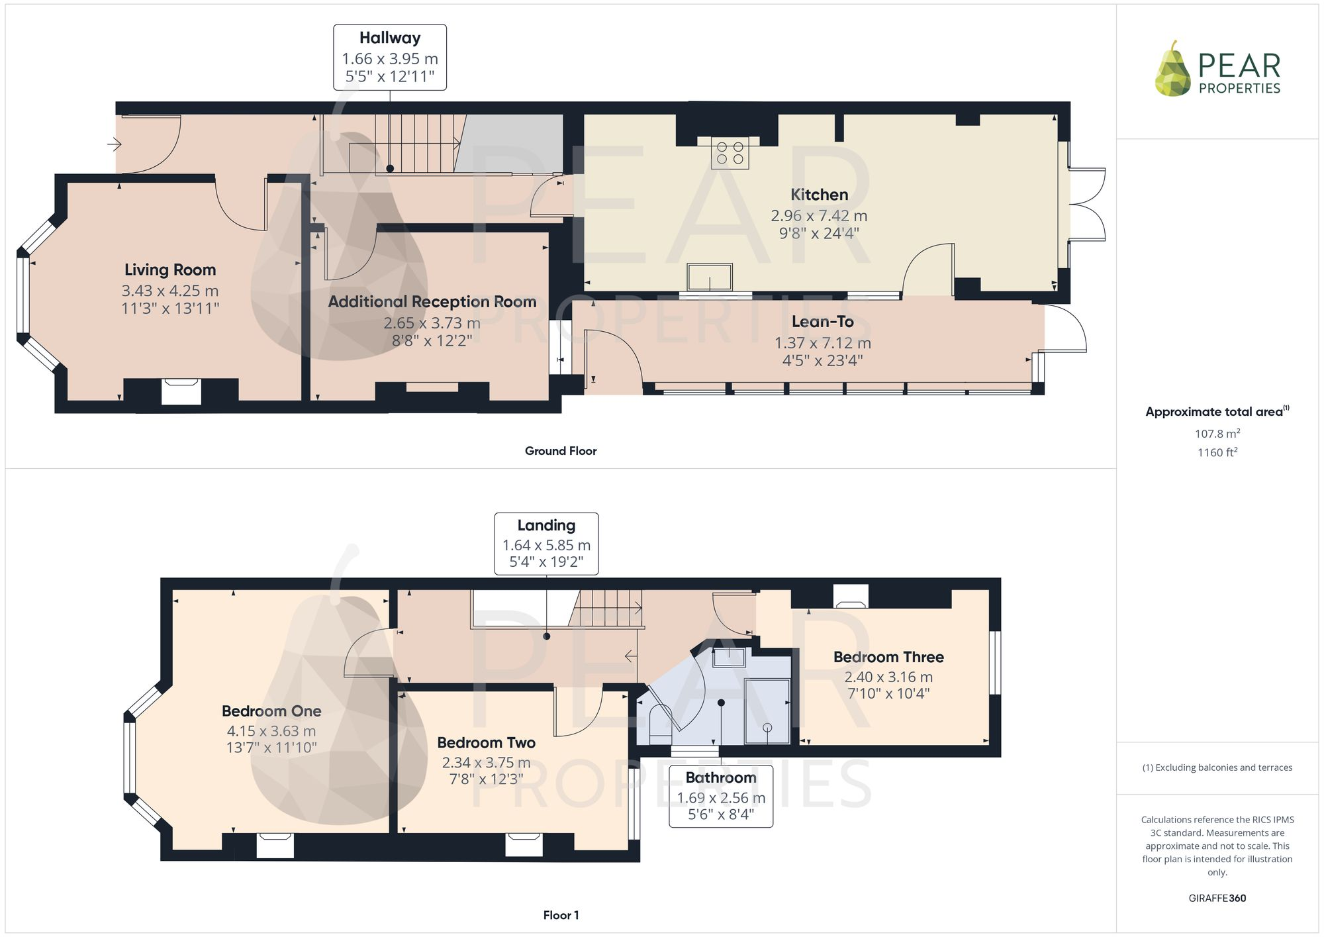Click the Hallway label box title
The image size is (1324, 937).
(x=389, y=38)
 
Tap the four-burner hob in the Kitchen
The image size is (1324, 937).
(x=730, y=153)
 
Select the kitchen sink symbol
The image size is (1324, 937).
(x=710, y=277)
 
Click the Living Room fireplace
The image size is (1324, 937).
(x=181, y=391)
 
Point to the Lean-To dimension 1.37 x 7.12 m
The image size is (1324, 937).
(x=822, y=343)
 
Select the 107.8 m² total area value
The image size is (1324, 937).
(x=1217, y=434)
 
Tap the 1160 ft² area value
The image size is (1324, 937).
(x=1217, y=453)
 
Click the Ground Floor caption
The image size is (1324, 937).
(x=560, y=451)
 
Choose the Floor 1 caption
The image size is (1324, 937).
(x=560, y=915)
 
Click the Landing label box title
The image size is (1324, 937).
(x=546, y=525)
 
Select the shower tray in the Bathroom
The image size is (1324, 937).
(x=767, y=711)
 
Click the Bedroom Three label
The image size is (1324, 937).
(x=888, y=657)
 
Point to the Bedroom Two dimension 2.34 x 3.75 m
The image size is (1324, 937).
(x=486, y=762)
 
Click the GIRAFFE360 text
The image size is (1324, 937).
(x=1217, y=899)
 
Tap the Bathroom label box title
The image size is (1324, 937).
(x=720, y=777)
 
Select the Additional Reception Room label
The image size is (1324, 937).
(x=432, y=302)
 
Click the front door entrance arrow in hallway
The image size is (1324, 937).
(x=115, y=144)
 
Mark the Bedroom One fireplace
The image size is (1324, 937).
(x=275, y=845)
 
